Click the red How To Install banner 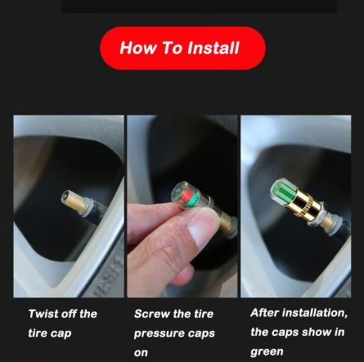point(182,48)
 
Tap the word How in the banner point(138,48)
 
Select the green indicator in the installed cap point(283,191)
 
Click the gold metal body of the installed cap point(303,205)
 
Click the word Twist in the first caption point(40,314)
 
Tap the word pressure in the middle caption point(155,333)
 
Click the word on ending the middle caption point(141,353)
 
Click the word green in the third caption point(267,351)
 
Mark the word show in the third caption point(317,333)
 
